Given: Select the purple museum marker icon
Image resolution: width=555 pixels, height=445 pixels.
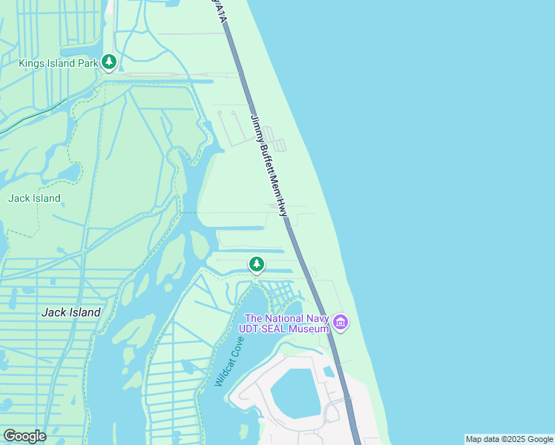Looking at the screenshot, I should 341,322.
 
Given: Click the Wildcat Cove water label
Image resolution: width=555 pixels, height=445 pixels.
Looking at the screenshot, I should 229,361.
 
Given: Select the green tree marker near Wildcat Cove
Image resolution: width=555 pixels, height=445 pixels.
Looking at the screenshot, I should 256,263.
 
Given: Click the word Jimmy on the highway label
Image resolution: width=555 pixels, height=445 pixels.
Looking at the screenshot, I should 254,126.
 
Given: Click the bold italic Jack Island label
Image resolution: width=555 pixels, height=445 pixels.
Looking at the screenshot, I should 70,312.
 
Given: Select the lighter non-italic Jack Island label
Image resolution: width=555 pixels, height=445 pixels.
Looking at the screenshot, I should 34,198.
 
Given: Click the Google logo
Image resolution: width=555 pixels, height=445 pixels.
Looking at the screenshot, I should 24,436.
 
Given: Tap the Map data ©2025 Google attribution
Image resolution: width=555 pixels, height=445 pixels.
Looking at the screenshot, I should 509,439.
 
